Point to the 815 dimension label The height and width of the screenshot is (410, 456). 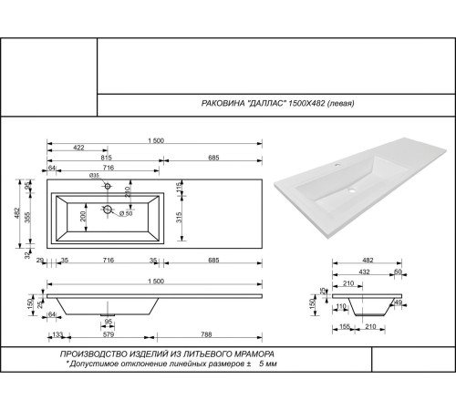(106, 159)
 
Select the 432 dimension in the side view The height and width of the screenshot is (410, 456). (364, 272)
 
